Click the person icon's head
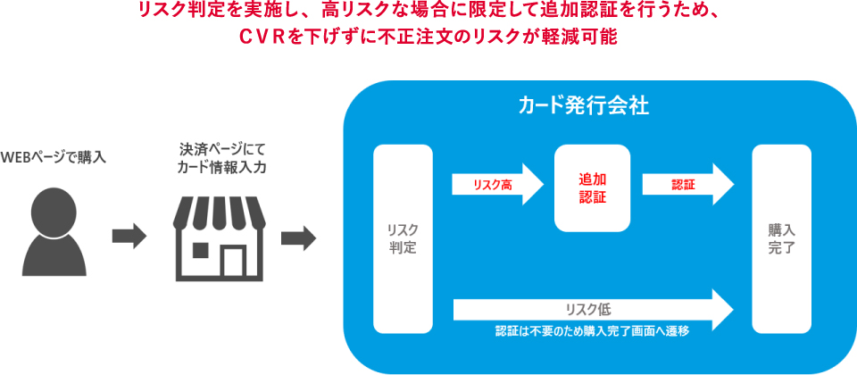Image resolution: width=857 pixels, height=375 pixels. pyautogui.click(x=54, y=210)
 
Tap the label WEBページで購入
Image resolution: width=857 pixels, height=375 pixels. pyautogui.click(x=54, y=158)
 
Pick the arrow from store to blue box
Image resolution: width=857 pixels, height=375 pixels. pyautogui.click(x=298, y=237)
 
